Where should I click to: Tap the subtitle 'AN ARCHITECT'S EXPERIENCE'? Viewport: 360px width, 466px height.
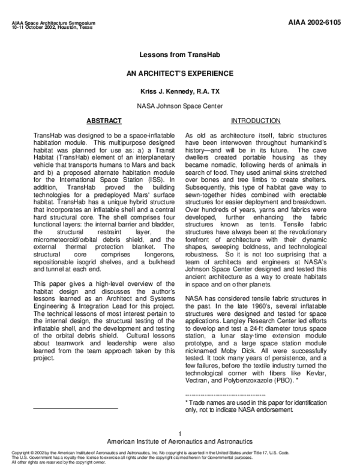(x=180, y=73)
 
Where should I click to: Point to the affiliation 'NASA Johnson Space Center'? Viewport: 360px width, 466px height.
(x=180, y=106)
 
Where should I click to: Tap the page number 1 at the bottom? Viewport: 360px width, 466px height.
(x=180, y=434)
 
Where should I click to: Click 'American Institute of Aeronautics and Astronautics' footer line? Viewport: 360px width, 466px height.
(x=180, y=441)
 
